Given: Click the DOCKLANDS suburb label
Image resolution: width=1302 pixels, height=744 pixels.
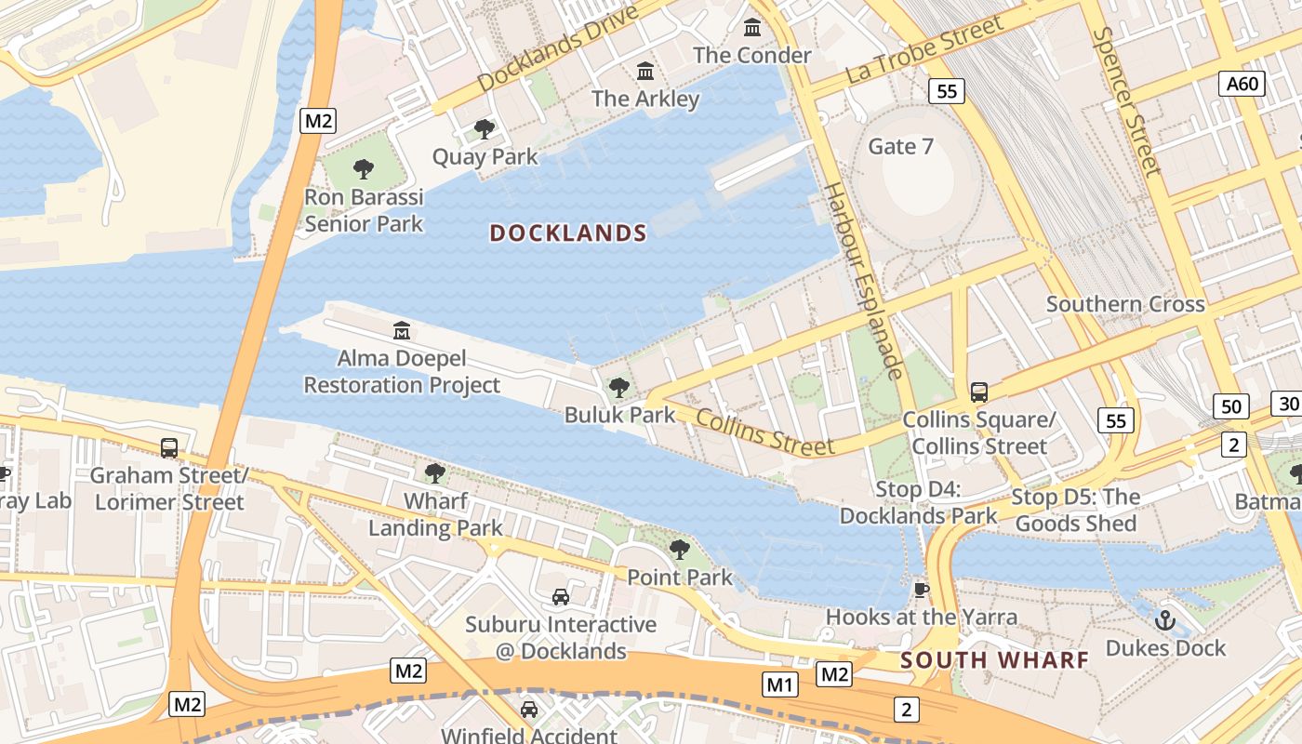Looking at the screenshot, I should pyautogui.click(x=567, y=233).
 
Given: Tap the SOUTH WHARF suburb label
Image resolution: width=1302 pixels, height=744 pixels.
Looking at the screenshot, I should pyautogui.click(x=994, y=660).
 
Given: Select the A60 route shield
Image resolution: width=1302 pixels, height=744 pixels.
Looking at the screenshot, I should pyautogui.click(x=1242, y=84).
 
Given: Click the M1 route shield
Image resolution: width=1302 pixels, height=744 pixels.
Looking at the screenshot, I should pyautogui.click(x=779, y=685).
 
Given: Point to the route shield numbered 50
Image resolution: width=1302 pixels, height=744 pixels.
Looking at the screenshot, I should pyautogui.click(x=1230, y=405).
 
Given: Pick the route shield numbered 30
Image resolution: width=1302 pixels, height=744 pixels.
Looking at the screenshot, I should pyautogui.click(x=1288, y=404).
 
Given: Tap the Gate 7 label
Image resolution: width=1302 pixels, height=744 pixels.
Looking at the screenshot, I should pyautogui.click(x=900, y=146).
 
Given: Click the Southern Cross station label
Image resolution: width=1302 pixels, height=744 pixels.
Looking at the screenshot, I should pyautogui.click(x=1125, y=304).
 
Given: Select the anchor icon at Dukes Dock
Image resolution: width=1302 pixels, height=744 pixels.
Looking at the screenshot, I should pyautogui.click(x=1164, y=619).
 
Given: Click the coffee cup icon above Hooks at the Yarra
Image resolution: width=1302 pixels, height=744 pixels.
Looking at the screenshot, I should pyautogui.click(x=921, y=590).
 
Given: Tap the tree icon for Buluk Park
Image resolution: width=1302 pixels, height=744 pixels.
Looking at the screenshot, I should pyautogui.click(x=619, y=388).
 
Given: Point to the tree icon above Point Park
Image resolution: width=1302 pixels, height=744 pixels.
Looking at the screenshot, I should pyautogui.click(x=680, y=550).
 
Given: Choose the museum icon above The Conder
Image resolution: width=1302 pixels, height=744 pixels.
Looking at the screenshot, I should pyautogui.click(x=752, y=28).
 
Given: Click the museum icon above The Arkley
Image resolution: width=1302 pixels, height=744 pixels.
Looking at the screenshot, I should pyautogui.click(x=644, y=71).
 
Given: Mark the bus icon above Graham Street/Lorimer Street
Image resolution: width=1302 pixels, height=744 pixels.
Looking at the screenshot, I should pyautogui.click(x=169, y=448).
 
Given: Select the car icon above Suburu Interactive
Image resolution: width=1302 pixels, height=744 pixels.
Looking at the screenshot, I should pyautogui.click(x=560, y=596).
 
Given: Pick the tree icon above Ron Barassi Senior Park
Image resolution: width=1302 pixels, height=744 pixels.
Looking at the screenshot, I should pyautogui.click(x=364, y=169).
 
